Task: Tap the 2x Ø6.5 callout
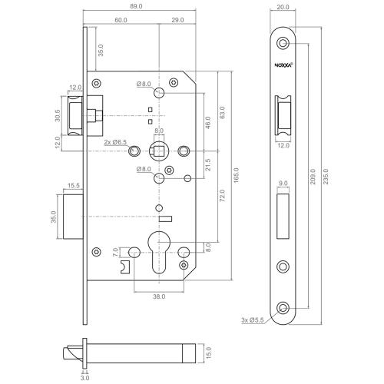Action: [115, 143]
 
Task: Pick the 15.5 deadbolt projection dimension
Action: [75, 185]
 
